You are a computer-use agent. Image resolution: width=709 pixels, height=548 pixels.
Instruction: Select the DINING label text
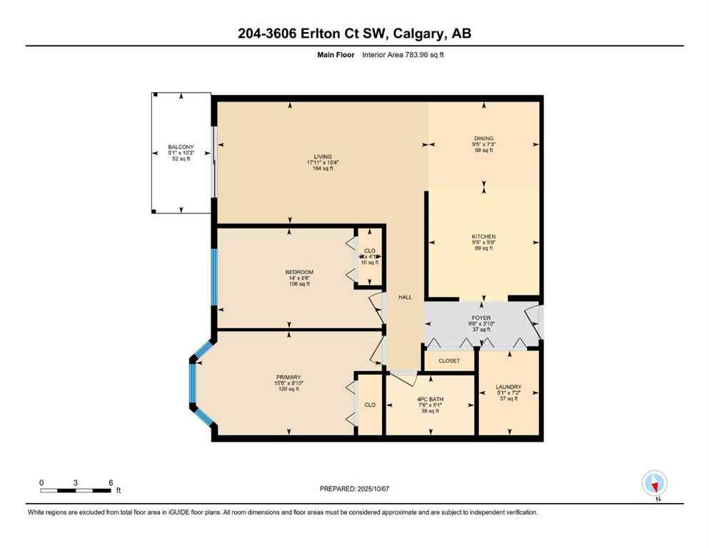click(483, 138)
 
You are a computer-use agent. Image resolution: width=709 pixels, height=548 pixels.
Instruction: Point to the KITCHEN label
click(483, 236)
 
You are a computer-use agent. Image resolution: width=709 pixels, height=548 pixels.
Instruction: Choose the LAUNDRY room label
click(508, 387)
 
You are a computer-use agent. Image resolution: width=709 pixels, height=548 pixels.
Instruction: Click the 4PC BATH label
click(430, 400)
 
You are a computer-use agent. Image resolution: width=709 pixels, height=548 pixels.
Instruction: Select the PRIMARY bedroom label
click(288, 377)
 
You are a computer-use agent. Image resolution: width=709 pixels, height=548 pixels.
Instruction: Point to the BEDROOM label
click(299, 272)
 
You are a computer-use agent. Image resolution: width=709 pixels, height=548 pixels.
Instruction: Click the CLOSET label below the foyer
click(449, 361)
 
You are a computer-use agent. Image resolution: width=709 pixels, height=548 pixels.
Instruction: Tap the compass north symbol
click(654, 484)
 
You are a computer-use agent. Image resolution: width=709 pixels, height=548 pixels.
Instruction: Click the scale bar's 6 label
click(111, 482)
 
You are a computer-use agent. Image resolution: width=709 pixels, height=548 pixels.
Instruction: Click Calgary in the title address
click(418, 34)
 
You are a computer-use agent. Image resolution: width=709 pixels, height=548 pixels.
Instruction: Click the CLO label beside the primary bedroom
click(370, 405)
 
